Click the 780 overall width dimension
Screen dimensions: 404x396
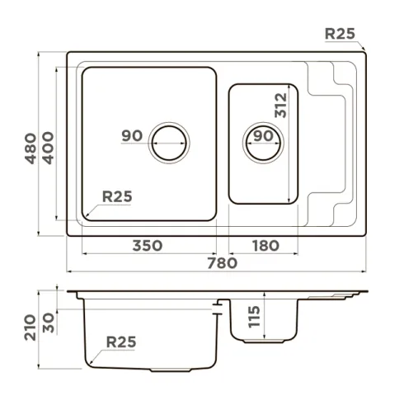pyautogui.click(x=222, y=263)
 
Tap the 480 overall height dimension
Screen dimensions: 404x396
pyautogui.click(x=31, y=148)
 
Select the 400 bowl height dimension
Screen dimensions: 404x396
pyautogui.click(x=49, y=148)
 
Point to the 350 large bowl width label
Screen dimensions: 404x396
pyautogui.click(x=148, y=246)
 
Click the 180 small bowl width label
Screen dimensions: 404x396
pyautogui.click(x=265, y=246)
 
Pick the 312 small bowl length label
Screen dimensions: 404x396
pyautogui.click(x=281, y=106)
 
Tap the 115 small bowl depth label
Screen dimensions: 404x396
pyautogui.click(x=254, y=317)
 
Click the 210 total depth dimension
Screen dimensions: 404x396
pyautogui.click(x=31, y=328)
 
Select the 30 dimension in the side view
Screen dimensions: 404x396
pyautogui.click(x=49, y=323)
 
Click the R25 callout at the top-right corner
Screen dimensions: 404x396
pyautogui.click(x=340, y=34)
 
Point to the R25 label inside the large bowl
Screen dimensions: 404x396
pyautogui.click(x=117, y=196)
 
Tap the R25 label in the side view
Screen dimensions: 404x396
pyautogui.click(x=121, y=342)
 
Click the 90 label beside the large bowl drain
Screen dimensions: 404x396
pyautogui.click(x=132, y=135)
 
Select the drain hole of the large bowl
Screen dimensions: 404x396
pyautogui.click(x=169, y=143)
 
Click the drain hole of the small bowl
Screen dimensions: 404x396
pyautogui.click(x=263, y=143)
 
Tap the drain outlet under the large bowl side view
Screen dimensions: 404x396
pyautogui.click(x=171, y=370)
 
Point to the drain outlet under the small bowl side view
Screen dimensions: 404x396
pyautogui.click(x=264, y=341)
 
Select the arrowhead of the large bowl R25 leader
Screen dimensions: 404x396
pyautogui.click(x=87, y=214)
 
